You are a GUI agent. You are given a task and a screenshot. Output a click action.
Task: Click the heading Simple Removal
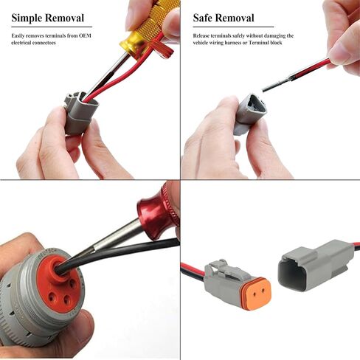(x=47, y=18)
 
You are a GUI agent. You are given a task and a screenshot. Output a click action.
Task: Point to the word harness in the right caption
(x=246, y=43)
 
